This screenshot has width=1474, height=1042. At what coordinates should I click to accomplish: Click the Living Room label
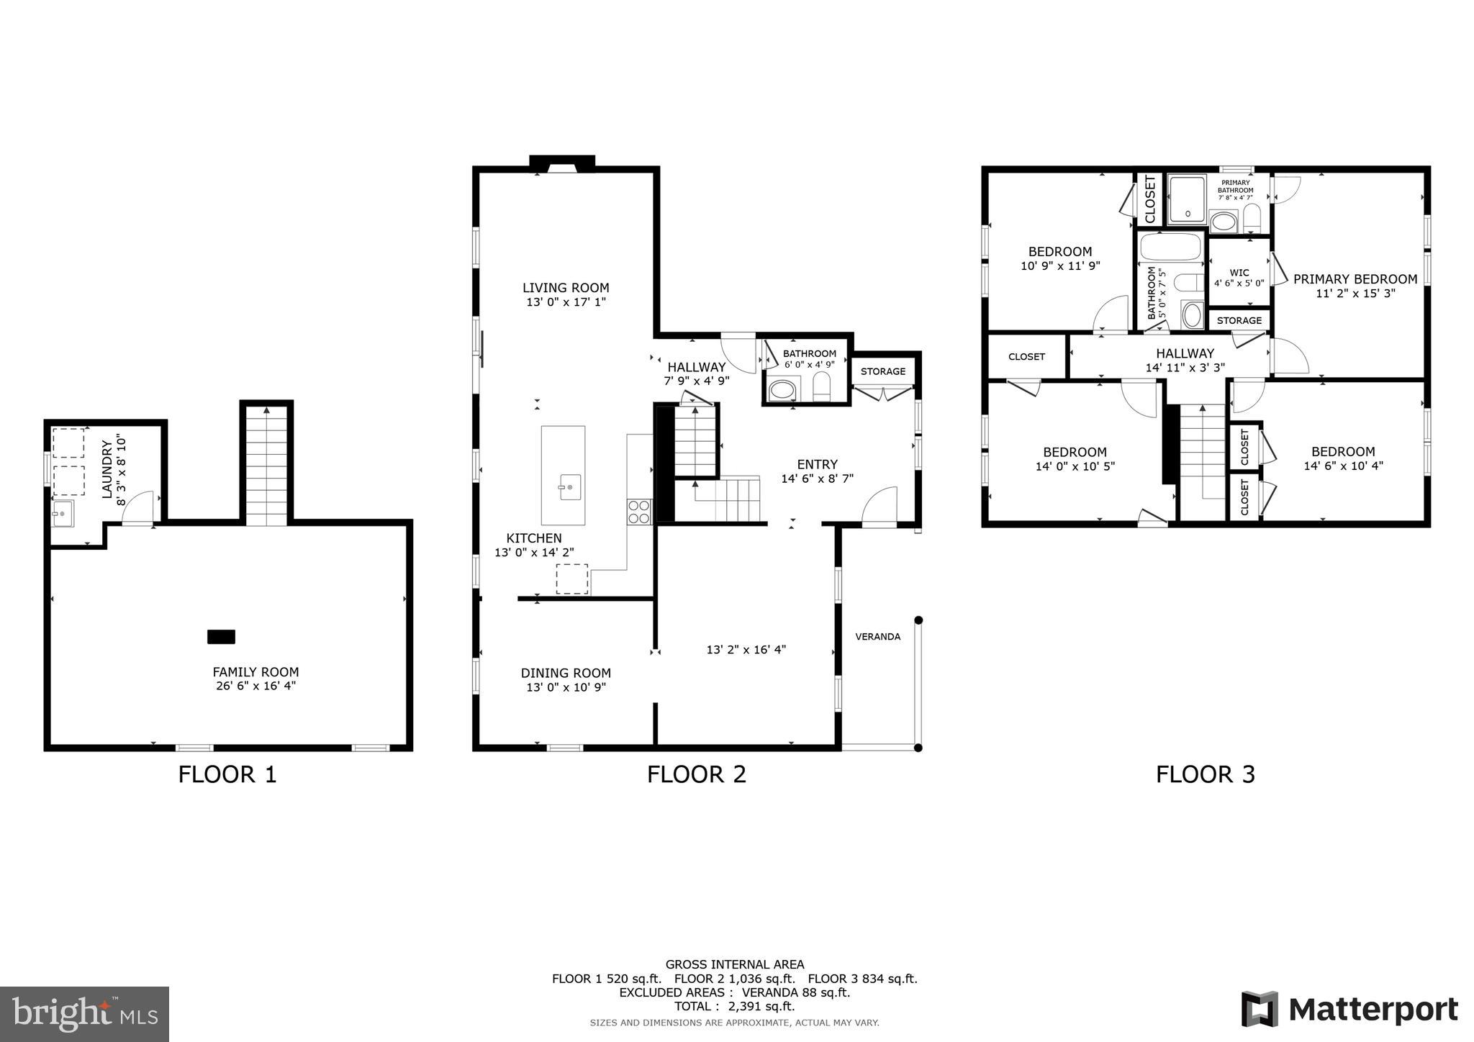(566, 288)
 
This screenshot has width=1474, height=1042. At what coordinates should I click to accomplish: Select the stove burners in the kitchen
(638, 511)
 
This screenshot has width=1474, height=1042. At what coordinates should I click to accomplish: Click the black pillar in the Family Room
(221, 637)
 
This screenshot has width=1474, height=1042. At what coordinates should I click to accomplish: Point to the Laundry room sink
(63, 514)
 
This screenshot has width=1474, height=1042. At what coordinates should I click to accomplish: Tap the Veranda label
(877, 637)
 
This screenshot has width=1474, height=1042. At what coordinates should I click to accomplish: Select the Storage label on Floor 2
(882, 371)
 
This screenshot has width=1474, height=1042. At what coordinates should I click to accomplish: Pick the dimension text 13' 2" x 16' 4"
(746, 650)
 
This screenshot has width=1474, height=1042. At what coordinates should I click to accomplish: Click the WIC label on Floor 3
(1239, 273)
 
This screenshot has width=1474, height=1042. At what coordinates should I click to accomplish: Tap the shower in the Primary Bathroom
(1187, 199)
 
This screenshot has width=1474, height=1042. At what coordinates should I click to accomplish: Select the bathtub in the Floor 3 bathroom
(1170, 247)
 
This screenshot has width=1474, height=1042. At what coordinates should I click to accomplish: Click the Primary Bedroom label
(1355, 279)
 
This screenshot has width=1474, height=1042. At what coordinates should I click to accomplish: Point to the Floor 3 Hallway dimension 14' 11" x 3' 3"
(1185, 367)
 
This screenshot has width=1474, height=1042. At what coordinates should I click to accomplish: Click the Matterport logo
(1349, 1009)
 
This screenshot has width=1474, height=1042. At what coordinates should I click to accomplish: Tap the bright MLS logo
(84, 1014)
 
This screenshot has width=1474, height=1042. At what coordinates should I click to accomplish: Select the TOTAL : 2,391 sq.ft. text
(734, 1006)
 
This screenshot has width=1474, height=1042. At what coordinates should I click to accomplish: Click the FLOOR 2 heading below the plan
(696, 774)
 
